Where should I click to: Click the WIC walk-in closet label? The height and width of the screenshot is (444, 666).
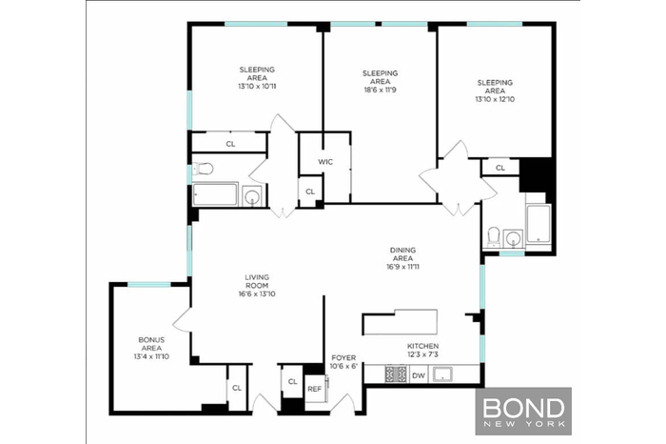click(x=324, y=161)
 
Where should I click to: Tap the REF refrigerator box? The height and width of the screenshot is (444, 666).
click(x=314, y=388)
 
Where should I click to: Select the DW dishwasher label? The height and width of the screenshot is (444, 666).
click(x=419, y=375)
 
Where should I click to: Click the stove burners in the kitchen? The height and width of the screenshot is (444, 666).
click(x=395, y=375)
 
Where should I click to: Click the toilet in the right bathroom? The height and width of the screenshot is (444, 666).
click(x=493, y=236)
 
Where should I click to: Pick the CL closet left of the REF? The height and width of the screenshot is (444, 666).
click(x=291, y=382)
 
